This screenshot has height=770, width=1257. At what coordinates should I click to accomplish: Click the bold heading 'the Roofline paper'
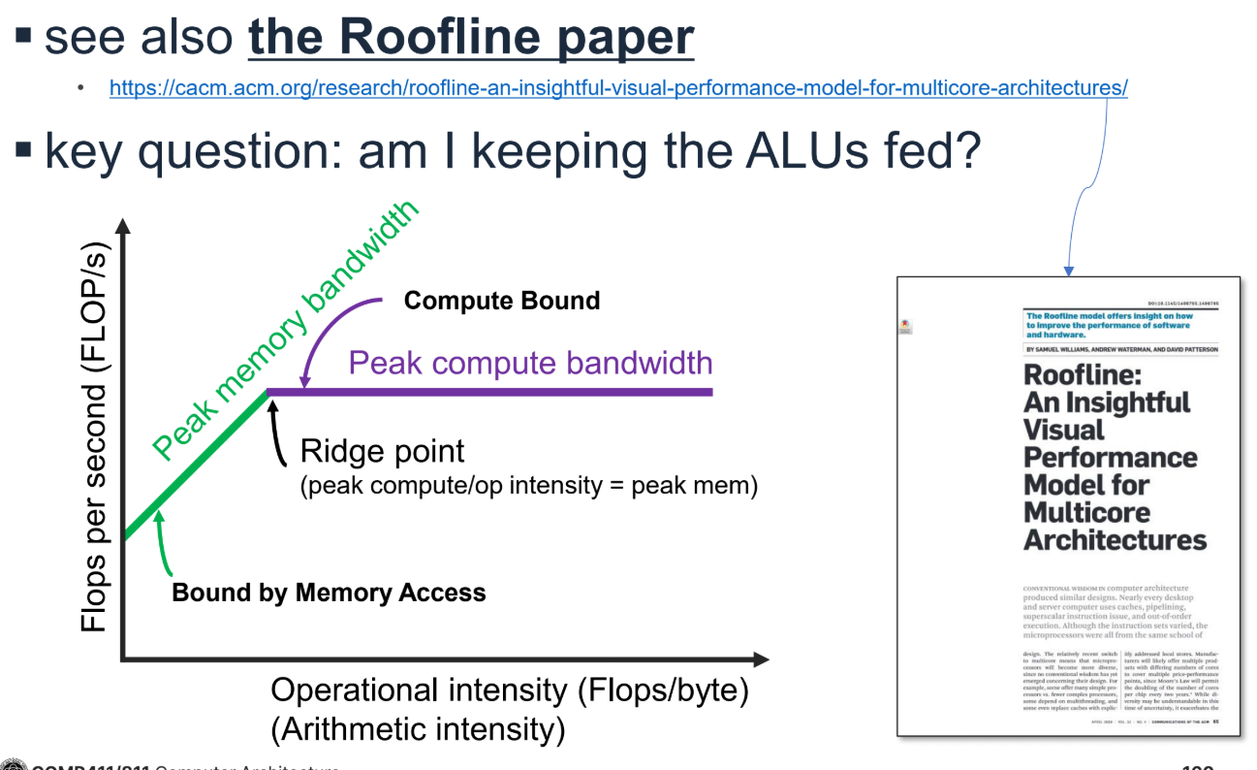click(x=471, y=37)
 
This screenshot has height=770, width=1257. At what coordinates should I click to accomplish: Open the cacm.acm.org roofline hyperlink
click(x=617, y=88)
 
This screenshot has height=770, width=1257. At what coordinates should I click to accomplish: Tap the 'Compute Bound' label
click(x=501, y=301)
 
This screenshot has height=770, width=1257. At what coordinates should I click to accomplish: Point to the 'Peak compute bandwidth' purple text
click(x=530, y=363)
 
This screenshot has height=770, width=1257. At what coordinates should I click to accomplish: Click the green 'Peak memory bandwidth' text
click(x=286, y=330)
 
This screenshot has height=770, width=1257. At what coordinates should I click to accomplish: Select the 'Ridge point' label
click(x=382, y=451)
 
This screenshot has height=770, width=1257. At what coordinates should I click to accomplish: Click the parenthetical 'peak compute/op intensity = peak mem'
click(x=528, y=485)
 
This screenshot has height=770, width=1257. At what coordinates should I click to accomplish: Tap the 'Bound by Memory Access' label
click(x=329, y=592)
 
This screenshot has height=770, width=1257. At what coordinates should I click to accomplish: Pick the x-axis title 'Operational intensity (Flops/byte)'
click(x=510, y=690)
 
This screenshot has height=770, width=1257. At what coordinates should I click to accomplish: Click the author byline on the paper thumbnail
click(x=1121, y=349)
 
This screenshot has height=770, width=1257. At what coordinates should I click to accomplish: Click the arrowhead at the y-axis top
click(x=122, y=229)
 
